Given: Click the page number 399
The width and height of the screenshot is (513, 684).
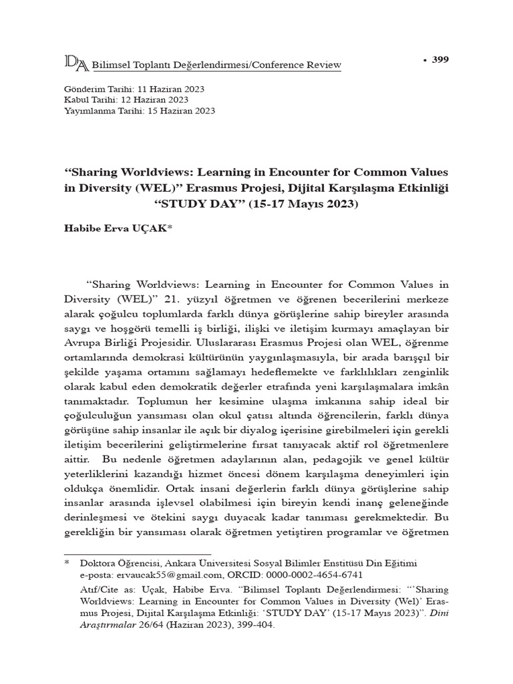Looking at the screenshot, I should coord(440,60).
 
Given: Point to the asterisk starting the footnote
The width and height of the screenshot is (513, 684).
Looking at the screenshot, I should coord(67,564).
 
